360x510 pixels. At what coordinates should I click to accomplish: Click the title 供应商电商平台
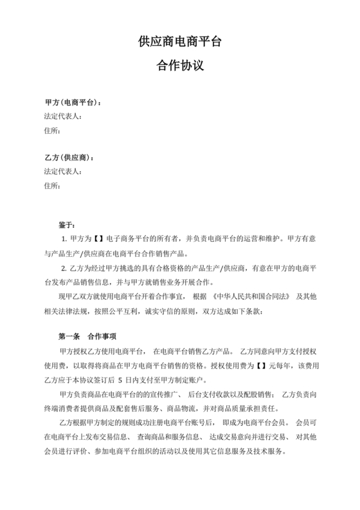pyautogui.click(x=180, y=42)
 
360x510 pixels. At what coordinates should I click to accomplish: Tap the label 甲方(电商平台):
pyautogui.click(x=72, y=103)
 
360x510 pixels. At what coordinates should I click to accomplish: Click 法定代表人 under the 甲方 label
pyautogui.click(x=62, y=117)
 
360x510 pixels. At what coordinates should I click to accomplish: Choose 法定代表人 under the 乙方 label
pyautogui.click(x=62, y=172)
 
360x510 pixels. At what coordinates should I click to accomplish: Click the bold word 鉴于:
pyautogui.click(x=67, y=225)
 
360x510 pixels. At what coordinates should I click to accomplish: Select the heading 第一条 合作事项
pyautogui.click(x=87, y=336)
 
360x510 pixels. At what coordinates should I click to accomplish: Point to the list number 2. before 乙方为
pyautogui.click(x=64, y=268)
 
